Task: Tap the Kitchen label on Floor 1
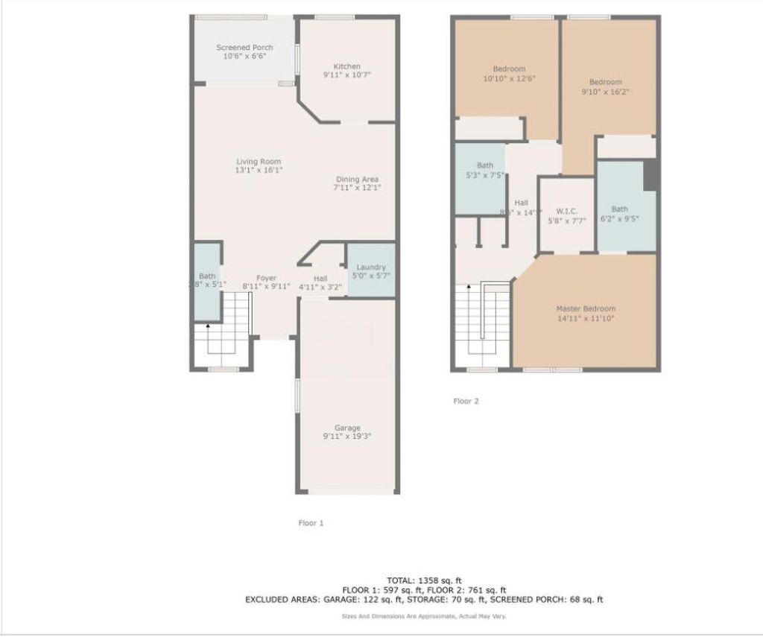(x=346, y=66)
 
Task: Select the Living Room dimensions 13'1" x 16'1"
(x=259, y=170)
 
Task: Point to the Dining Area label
(x=357, y=179)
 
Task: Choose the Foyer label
(x=266, y=278)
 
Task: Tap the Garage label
(x=346, y=428)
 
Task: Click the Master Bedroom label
(x=586, y=308)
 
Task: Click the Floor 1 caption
(x=311, y=523)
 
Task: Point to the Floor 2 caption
(x=466, y=401)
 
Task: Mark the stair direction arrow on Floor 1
(x=208, y=326)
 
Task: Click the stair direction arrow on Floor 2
(x=467, y=286)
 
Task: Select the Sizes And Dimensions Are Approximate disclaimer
(x=424, y=616)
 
